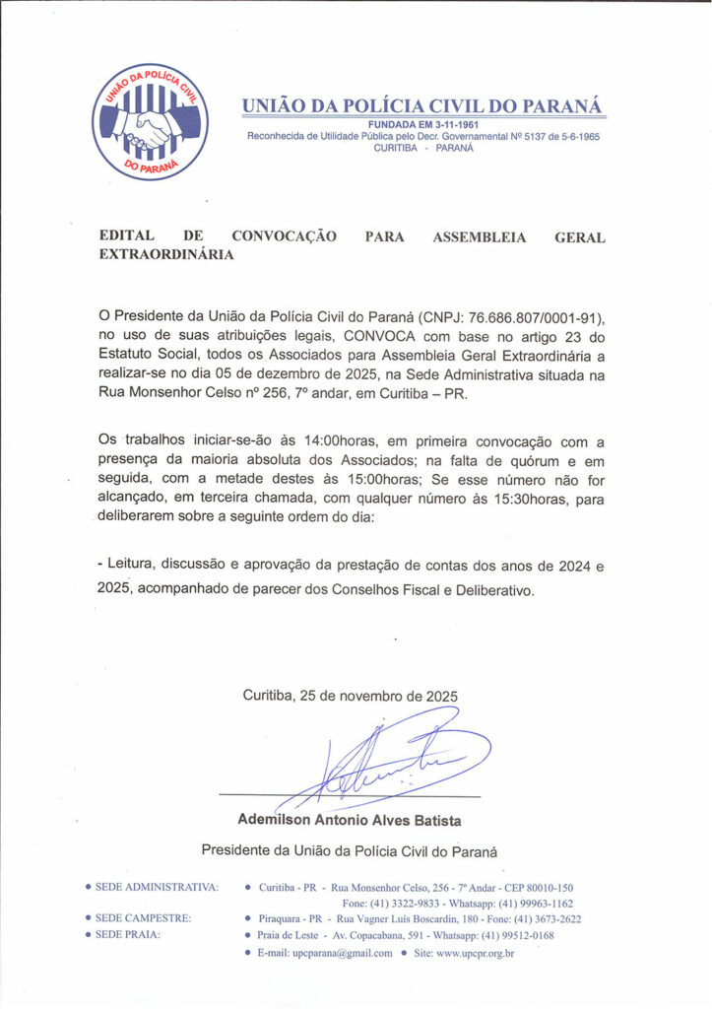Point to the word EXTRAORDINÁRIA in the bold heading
coord(166,254)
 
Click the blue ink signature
coord(394,764)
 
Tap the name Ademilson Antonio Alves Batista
coord(350,820)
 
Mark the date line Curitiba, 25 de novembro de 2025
coord(350,696)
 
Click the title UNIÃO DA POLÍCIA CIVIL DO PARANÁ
coord(423,105)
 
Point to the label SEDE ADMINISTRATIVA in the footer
coord(157,887)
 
